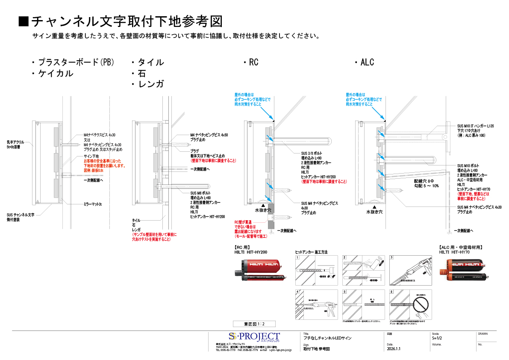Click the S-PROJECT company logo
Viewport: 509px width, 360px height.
click(x=254, y=337)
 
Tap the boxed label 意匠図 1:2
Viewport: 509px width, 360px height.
click(x=254, y=324)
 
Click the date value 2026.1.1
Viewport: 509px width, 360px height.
click(x=394, y=349)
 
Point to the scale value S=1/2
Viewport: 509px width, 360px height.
click(x=437, y=338)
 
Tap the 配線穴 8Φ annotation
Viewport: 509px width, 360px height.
click(x=424, y=181)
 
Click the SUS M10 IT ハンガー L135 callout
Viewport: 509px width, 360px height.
click(x=475, y=126)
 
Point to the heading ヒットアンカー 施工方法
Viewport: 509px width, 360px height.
click(x=311, y=252)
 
